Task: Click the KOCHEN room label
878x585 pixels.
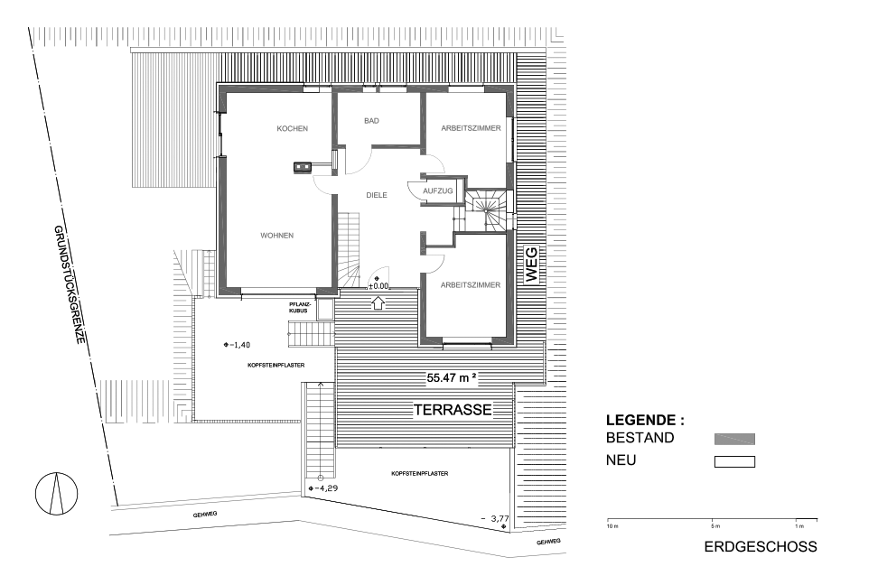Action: click(293, 129)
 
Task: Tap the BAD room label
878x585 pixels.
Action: click(371, 121)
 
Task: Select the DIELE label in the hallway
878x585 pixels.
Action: click(377, 195)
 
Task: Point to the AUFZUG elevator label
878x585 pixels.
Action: click(438, 190)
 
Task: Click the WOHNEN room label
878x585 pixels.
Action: click(276, 236)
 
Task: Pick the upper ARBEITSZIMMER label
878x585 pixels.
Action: click(471, 128)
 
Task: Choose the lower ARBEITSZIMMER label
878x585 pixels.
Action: click(471, 285)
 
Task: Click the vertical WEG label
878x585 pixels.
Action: click(531, 265)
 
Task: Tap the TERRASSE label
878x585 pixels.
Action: click(453, 410)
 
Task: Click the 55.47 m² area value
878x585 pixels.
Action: click(452, 378)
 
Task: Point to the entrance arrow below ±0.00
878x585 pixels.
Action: click(378, 302)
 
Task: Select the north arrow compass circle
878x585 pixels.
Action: click(57, 493)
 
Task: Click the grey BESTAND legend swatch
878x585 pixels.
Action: click(734, 439)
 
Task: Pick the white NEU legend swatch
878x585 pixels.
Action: click(734, 462)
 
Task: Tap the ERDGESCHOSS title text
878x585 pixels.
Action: click(761, 547)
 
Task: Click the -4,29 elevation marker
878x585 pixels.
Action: click(323, 488)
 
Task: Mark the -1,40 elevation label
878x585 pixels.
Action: click(237, 345)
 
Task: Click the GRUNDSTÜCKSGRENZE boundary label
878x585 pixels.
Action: click(70, 284)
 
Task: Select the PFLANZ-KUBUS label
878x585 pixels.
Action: click(298, 307)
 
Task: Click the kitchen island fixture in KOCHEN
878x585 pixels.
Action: click(303, 166)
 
